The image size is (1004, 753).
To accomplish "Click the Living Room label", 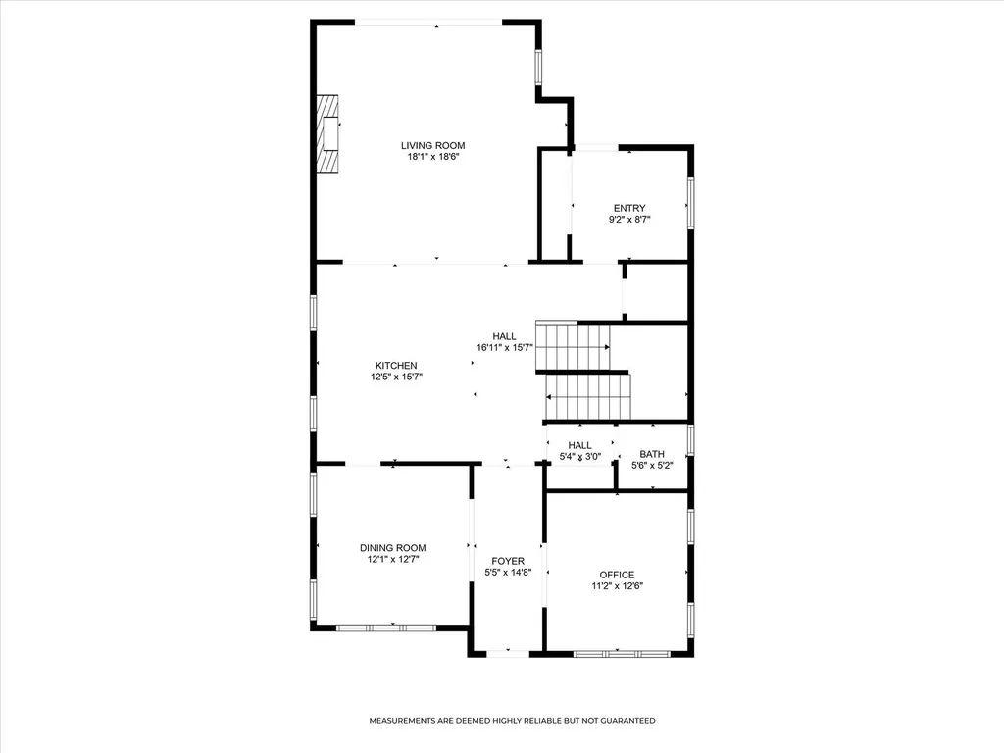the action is point(432,145).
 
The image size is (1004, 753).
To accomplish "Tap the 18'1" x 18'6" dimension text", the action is point(432,156).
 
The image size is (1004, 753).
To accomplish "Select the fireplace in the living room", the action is point(327,133).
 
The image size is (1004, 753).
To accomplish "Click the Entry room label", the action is point(629,208).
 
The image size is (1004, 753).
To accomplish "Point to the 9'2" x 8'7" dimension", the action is point(629,219).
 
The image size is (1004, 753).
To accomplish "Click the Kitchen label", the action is point(396,366).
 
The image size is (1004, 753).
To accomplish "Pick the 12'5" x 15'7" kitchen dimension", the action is point(396,376).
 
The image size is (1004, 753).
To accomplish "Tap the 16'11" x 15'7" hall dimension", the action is point(505,348).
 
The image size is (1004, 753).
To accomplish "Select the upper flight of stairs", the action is point(573,346).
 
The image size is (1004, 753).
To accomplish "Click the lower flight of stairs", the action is point(588,396).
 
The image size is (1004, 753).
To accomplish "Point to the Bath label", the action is point(652,454).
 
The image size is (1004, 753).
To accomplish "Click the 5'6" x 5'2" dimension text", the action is point(652,466).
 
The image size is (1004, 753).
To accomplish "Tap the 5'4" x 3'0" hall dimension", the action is point(580,457).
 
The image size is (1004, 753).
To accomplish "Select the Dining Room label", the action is point(392,548).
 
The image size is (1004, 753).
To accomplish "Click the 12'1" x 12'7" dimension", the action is point(392,559).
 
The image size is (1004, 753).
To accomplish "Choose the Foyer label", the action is point(508,561).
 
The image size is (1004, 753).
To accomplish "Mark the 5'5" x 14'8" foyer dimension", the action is point(508,573).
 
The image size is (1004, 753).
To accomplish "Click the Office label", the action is point(618,575).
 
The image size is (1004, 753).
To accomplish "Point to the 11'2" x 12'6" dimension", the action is point(618,586).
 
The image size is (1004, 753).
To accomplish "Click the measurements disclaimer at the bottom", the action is point(512,721).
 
